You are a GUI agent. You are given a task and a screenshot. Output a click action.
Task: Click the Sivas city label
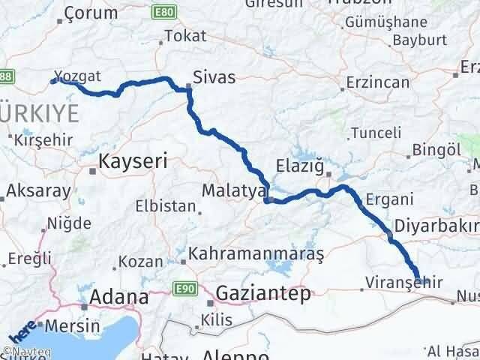tap(214, 76)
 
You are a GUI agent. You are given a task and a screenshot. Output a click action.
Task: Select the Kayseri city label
tap(133, 160)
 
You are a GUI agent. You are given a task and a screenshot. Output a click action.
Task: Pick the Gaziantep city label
tap(262, 293)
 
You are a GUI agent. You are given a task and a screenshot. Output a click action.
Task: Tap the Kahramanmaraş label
tap(256, 255)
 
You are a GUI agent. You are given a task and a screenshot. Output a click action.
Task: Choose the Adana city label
tap(118, 297)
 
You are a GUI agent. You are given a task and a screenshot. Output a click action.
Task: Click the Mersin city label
tap(73, 326)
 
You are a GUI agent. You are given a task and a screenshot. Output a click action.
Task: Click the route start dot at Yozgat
tap(54, 81)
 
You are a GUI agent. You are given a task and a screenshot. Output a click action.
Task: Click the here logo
tap(20, 331)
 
